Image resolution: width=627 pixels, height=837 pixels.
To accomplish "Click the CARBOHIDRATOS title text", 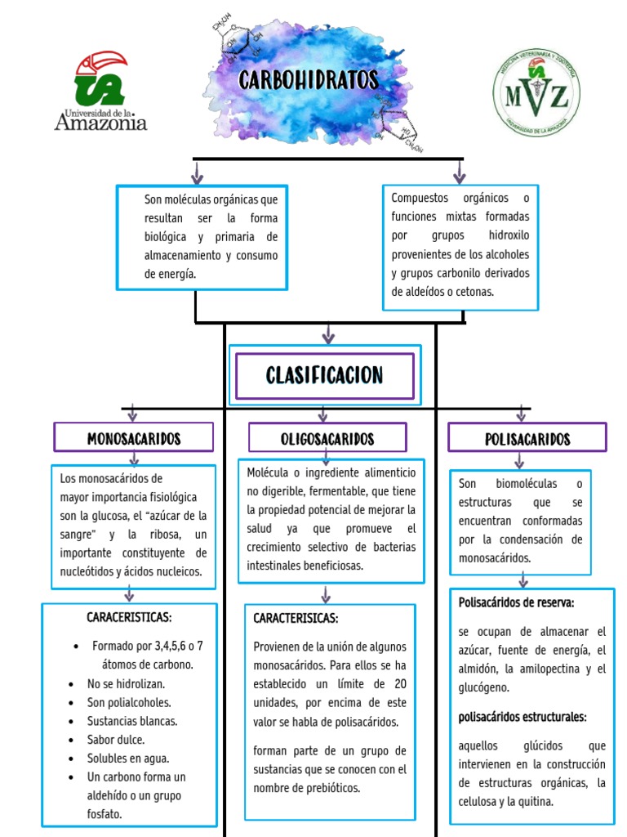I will (309, 80).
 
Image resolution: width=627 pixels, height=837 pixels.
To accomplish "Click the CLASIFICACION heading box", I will (324, 375).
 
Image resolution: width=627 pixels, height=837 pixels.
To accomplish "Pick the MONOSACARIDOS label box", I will (134, 438).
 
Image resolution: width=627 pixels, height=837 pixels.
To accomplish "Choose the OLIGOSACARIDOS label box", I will (327, 438).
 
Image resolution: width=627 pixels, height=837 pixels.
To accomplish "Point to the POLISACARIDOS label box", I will (527, 438).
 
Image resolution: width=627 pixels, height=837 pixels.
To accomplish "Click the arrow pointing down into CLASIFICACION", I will (328, 333).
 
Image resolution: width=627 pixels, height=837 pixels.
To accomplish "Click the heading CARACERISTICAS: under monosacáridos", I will (129, 616).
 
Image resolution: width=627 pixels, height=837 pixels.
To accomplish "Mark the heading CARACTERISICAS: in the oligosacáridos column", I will (296, 618).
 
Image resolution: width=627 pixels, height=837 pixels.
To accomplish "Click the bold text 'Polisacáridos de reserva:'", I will (516, 602).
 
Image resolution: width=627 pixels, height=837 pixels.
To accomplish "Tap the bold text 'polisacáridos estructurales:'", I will (522, 717).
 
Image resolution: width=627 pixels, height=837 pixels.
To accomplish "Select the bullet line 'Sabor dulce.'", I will (115, 740).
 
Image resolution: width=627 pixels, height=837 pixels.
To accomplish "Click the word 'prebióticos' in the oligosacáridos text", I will (331, 788).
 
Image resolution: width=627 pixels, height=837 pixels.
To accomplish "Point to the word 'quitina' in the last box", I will (536, 801).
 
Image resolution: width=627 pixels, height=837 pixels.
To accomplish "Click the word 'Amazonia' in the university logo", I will (101, 123).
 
